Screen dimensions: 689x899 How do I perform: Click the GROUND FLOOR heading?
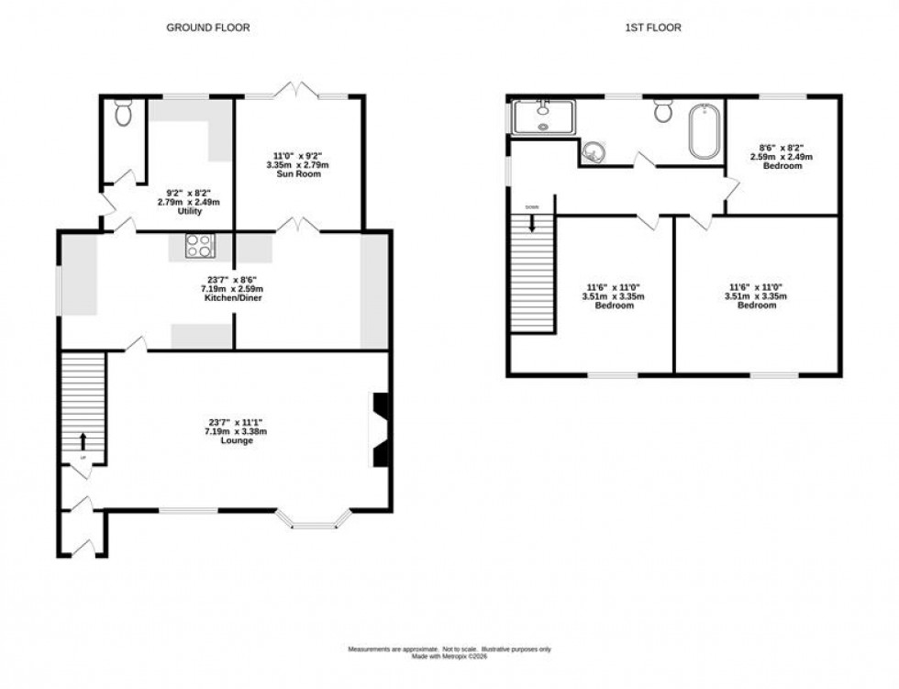(x=207, y=28)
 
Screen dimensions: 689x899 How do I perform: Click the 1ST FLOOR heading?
(x=652, y=28)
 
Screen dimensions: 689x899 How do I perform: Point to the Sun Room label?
(x=302, y=173)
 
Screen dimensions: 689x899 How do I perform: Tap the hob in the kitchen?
(x=201, y=246)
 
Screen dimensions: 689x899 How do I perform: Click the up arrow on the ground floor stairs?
(x=83, y=440)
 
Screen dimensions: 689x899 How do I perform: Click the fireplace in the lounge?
(x=380, y=430)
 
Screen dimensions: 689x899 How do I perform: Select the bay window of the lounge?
(x=315, y=523)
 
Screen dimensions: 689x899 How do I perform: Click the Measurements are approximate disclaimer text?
(x=449, y=650)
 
